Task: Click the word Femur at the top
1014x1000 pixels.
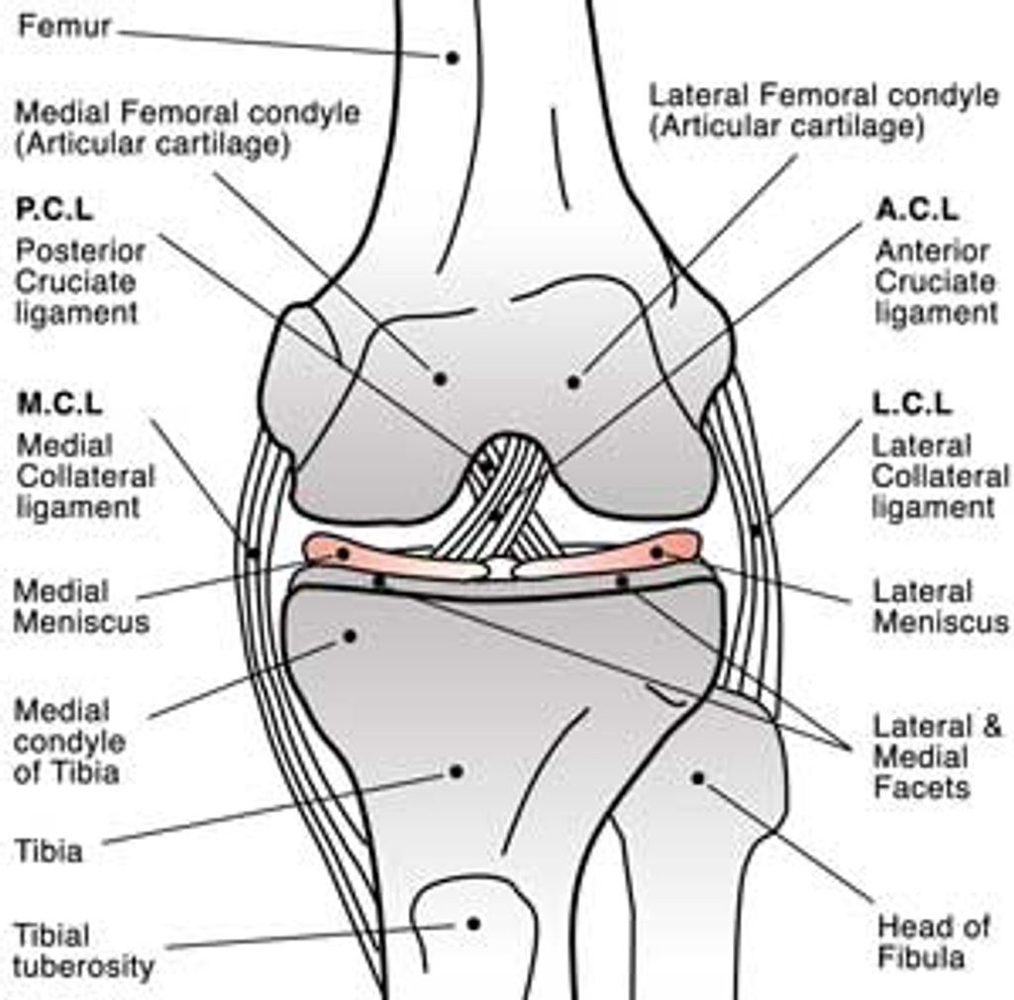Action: coord(65,27)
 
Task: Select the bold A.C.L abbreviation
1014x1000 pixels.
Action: coord(917,210)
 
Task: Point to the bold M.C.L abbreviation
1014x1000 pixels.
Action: coord(60,404)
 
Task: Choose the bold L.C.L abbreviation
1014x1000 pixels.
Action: coord(912,404)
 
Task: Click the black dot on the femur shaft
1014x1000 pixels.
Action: coord(452,57)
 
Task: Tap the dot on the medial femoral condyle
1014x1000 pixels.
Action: coord(440,378)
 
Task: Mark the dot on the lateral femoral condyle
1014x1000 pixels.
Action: coord(572,381)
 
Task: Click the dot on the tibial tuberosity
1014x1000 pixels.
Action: coord(473,923)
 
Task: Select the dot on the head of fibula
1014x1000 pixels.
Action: coord(697,778)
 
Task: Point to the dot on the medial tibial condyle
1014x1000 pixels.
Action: coord(350,636)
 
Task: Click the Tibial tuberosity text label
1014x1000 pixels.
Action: coord(83,950)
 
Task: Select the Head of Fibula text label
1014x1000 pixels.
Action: coord(921,942)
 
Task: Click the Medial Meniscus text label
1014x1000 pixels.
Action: coord(80,607)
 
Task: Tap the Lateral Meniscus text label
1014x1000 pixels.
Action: coord(939,606)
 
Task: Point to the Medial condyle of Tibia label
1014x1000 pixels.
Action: coord(68,741)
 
